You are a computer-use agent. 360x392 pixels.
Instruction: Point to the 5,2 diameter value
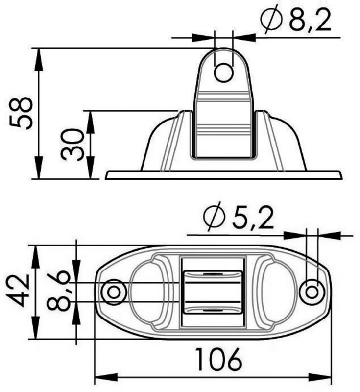tap(253, 220)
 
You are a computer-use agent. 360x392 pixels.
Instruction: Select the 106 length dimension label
tap(219, 360)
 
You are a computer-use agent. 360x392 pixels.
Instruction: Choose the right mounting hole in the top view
tap(312, 292)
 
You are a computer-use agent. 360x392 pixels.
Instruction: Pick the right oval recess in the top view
tap(277, 292)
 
